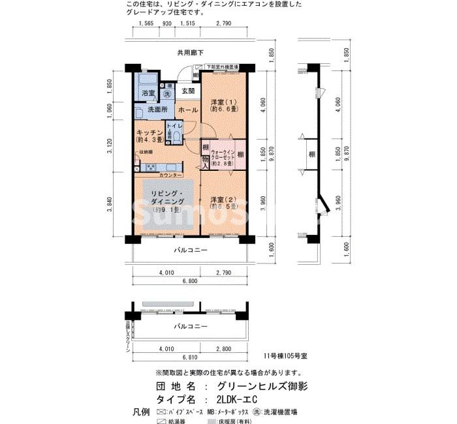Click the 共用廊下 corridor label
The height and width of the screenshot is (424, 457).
[190, 52]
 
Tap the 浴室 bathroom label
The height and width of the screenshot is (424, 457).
[149, 93]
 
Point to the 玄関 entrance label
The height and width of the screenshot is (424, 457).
[187, 91]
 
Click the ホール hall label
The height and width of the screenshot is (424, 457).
[188, 110]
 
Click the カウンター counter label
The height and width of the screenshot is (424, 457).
[171, 176]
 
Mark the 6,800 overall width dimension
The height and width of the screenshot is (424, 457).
[190, 282]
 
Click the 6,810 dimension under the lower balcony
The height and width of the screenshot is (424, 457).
[190, 357]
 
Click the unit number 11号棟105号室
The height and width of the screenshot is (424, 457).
[285, 357]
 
